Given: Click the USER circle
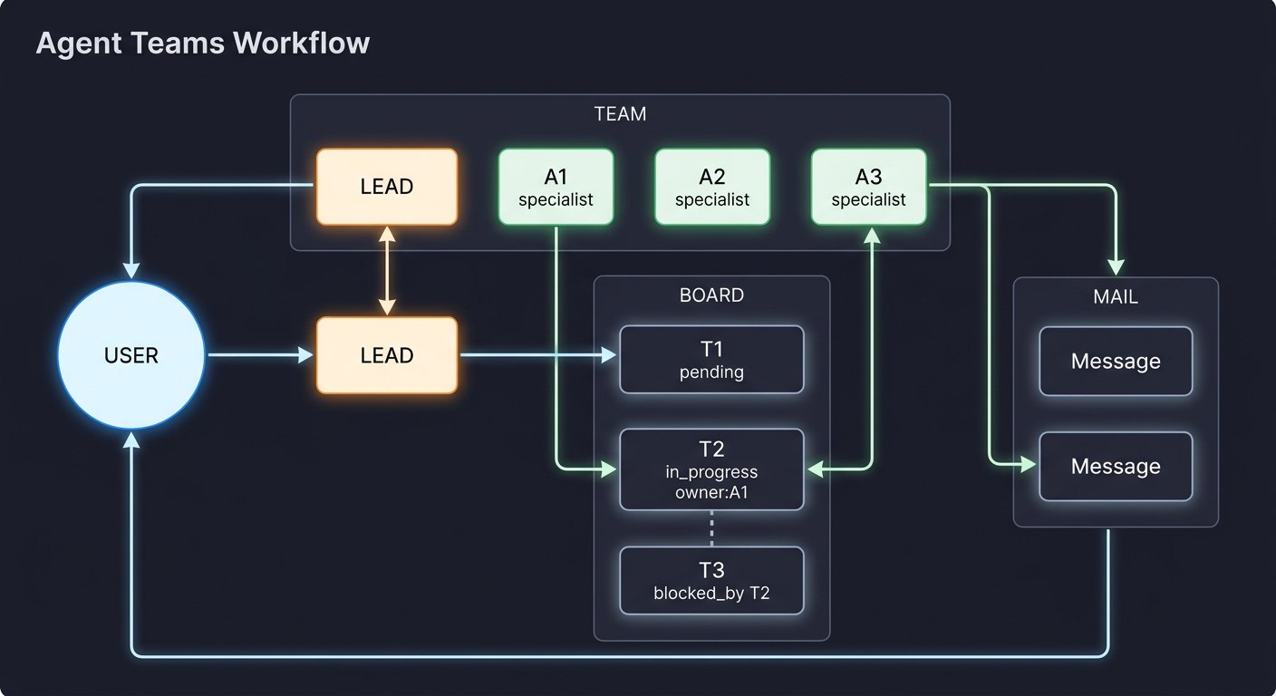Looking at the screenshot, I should pos(131,355).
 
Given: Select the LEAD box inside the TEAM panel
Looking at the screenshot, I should pos(387,187).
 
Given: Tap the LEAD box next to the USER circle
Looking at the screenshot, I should pos(387,355).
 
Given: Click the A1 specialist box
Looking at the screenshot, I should pos(556,187).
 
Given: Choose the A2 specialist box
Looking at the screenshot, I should pos(712,187).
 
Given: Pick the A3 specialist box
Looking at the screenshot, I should pos(868,187).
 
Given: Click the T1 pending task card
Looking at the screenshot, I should pos(711,360).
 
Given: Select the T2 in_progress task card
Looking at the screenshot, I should pos(711,469).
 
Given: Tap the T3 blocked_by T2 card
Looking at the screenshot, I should pos(711,580).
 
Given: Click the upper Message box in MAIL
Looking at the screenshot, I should pos(1116,362).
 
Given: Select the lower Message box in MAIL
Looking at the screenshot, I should pos(1116,467).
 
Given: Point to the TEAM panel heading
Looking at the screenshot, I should pos(620,114).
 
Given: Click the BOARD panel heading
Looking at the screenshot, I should pos(711,295).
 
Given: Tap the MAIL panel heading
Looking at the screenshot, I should pos(1116,296).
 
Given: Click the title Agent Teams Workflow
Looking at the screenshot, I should pos(203,43).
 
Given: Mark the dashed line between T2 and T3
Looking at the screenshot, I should pos(711,528).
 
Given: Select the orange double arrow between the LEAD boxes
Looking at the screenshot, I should pos(387,270).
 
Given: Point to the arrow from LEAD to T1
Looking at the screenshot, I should pos(538,356).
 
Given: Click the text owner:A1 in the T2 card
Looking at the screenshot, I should pos(711,493).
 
